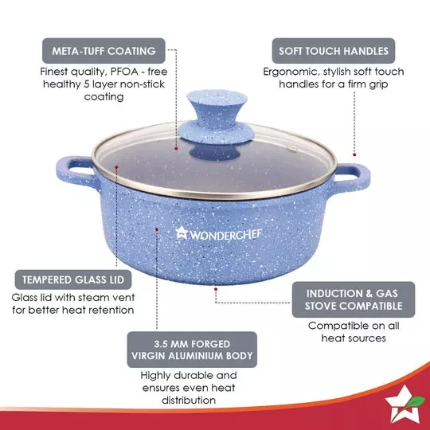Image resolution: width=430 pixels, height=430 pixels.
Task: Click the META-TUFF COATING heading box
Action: pyautogui.click(x=104, y=51)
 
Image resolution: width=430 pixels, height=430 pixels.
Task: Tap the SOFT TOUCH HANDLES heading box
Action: pyautogui.click(x=334, y=51)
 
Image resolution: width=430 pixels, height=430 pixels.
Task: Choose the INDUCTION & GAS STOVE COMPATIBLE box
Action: pyautogui.click(x=354, y=298)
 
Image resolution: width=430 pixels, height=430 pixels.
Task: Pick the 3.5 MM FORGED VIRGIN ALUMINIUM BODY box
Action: pyautogui.click(x=193, y=348)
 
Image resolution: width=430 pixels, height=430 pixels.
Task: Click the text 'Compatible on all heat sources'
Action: pyautogui.click(x=353, y=331)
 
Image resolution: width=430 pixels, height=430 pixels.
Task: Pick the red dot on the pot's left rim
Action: pyautogui.click(x=115, y=169)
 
